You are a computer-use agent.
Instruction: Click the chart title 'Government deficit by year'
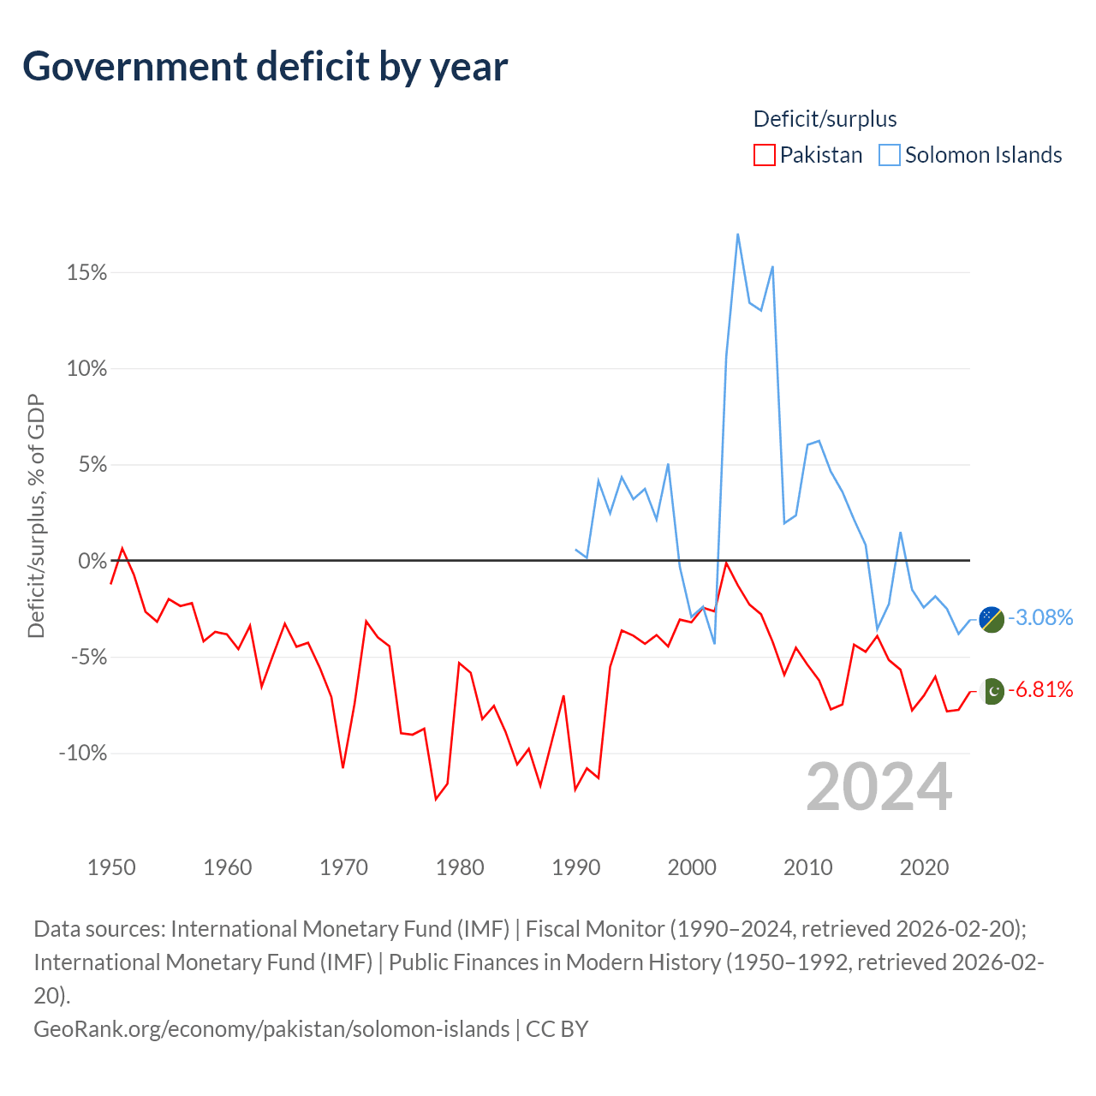[265, 67]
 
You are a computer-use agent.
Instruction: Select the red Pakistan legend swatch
[764, 155]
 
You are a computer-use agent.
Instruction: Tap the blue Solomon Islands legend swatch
[889, 155]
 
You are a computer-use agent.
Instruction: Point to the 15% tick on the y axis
[86, 272]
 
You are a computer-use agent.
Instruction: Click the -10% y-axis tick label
[83, 753]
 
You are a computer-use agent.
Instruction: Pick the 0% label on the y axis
[92, 561]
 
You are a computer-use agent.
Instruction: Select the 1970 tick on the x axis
[343, 867]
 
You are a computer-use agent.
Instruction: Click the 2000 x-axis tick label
[692, 867]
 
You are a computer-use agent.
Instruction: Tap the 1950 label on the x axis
[111, 867]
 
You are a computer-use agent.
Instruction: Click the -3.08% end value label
[1040, 617]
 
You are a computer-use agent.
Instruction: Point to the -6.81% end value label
[1040, 689]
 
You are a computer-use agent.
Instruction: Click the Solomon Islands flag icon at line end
[992, 619]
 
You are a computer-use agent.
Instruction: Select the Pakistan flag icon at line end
[992, 691]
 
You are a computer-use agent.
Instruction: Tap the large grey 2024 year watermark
[879, 787]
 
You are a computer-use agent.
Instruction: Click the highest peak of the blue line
[738, 235]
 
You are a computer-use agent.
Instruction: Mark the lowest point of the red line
[436, 799]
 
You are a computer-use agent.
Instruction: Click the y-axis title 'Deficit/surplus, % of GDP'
[36, 515]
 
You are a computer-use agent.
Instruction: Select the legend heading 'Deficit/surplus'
[825, 119]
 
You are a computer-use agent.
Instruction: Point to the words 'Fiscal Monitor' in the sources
[595, 929]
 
